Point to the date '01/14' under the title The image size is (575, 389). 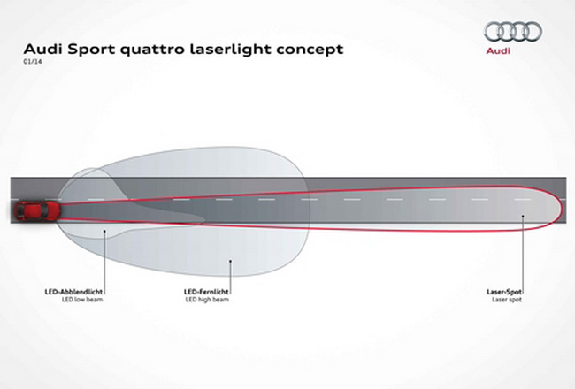click(30, 65)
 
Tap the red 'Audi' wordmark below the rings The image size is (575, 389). click(511, 53)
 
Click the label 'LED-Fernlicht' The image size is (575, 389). click(207, 289)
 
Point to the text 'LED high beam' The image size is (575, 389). click(207, 298)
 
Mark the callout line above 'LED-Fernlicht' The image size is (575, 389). click(229, 270)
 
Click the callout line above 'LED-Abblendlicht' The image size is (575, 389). click(103, 256)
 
